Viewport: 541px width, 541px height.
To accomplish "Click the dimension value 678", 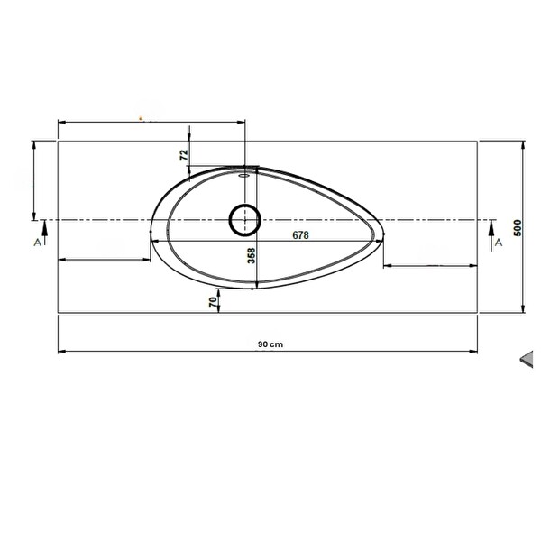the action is point(300,235).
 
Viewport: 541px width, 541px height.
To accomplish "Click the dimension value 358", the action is point(252,256).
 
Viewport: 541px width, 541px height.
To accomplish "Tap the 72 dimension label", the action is point(185,155).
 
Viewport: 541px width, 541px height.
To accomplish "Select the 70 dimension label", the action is point(214,302).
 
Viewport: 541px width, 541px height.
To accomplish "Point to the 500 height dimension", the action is point(518,228).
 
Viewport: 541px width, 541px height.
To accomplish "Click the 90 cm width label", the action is point(270,344).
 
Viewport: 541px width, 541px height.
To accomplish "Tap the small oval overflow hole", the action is point(244,175).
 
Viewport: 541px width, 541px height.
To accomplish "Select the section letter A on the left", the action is point(38,243).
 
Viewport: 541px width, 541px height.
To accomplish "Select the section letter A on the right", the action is point(499,243).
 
